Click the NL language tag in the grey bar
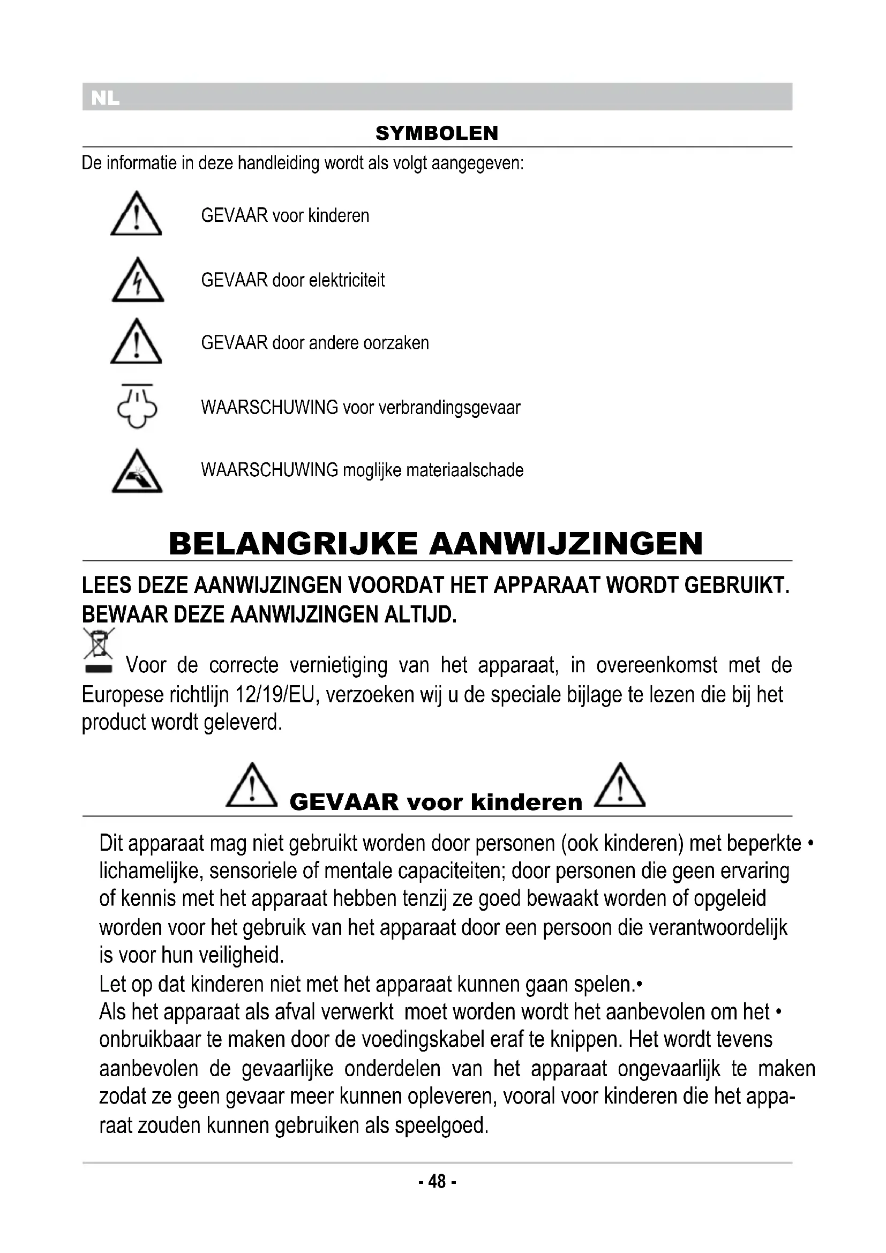(x=105, y=98)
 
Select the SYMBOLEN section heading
(x=437, y=133)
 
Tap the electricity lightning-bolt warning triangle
(x=138, y=281)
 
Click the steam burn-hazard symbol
(x=137, y=407)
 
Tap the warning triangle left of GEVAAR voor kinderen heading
(x=252, y=786)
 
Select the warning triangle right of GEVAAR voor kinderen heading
(x=620, y=786)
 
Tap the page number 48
(x=437, y=1182)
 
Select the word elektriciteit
(x=347, y=280)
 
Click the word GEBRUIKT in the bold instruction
(x=737, y=586)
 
